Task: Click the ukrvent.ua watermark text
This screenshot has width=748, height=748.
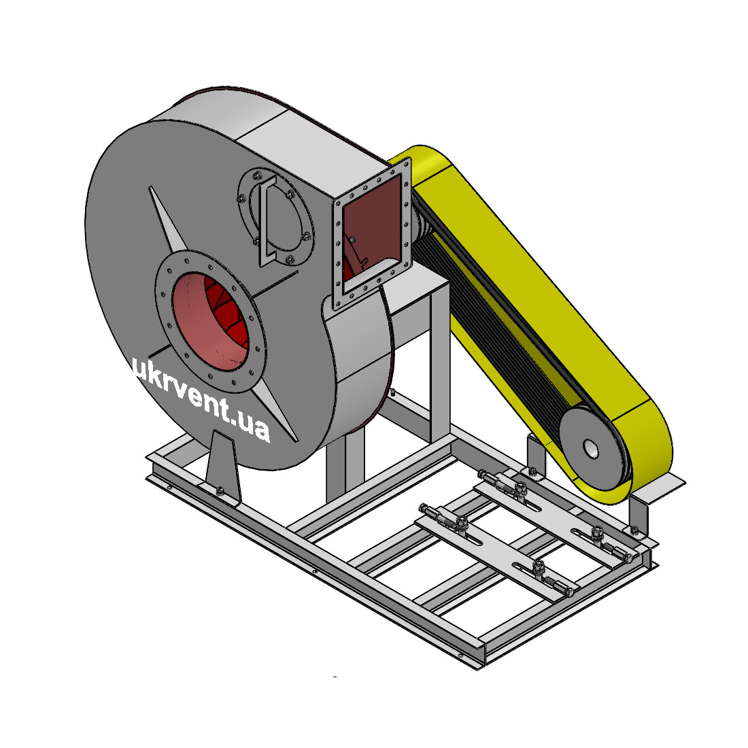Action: click(201, 399)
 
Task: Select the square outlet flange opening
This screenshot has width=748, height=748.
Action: click(371, 233)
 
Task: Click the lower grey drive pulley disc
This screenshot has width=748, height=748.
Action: click(592, 448)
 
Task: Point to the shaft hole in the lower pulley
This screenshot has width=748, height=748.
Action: click(590, 448)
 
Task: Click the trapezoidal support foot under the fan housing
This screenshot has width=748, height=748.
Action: click(222, 464)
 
